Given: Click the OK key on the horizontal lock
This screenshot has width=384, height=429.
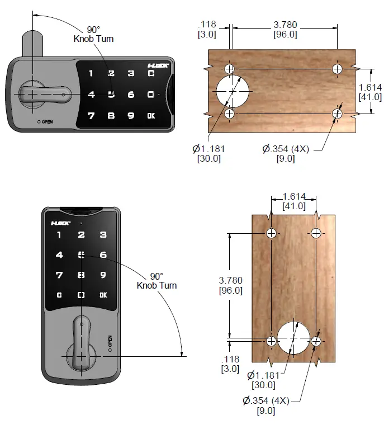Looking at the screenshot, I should [x=151, y=116].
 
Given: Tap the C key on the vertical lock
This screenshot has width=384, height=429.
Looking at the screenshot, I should [x=59, y=295].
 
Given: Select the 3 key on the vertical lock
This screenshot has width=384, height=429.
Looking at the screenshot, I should [x=103, y=235].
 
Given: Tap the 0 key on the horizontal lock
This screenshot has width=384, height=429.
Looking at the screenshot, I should [x=151, y=95].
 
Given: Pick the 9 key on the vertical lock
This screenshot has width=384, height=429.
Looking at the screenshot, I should [x=103, y=275].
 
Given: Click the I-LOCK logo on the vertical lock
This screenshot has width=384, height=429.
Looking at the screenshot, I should [x=60, y=222].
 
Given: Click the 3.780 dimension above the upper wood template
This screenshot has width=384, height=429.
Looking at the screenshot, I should [x=285, y=25].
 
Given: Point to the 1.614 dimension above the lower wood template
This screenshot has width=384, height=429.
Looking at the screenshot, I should [x=293, y=197].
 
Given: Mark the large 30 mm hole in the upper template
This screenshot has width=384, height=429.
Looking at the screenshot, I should [x=232, y=91].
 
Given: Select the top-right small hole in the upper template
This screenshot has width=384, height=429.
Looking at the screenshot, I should [x=337, y=69].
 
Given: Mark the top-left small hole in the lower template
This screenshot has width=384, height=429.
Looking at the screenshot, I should [x=271, y=233].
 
